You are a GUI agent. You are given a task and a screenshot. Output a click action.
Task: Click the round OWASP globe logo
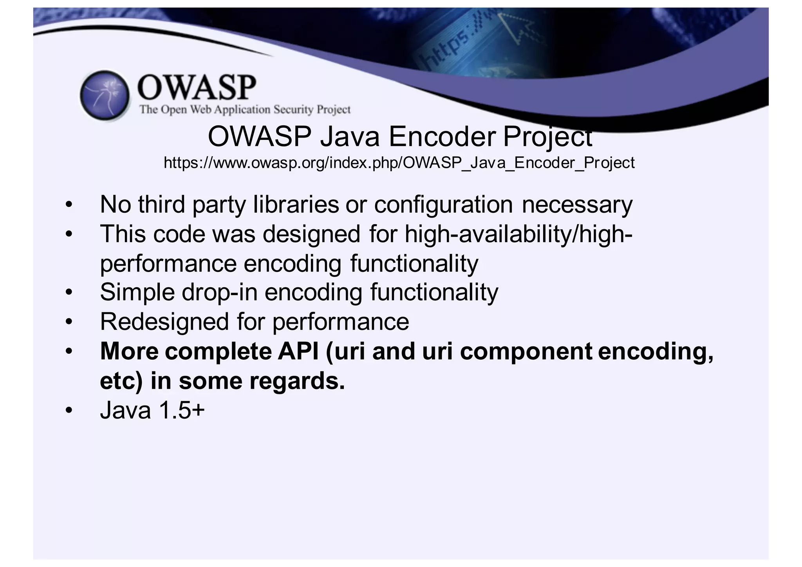pyautogui.click(x=105, y=95)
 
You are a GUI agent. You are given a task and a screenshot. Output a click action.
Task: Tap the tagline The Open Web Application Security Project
pyautogui.click(x=245, y=109)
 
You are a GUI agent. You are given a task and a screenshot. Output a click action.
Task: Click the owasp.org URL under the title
pyautogui.click(x=399, y=163)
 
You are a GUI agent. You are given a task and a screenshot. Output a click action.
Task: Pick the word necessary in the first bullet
pyautogui.click(x=577, y=205)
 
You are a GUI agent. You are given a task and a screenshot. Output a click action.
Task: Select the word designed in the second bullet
pyautogui.click(x=311, y=234)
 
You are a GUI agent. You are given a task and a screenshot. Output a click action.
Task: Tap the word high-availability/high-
pyautogui.click(x=518, y=234)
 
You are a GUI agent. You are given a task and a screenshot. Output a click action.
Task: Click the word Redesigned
pyautogui.click(x=164, y=322)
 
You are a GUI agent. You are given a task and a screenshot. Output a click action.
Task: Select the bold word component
pyautogui.click(x=526, y=351)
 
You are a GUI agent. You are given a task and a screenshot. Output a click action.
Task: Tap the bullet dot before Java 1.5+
pyautogui.click(x=69, y=411)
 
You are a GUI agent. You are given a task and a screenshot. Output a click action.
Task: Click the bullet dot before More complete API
pyautogui.click(x=69, y=351)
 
